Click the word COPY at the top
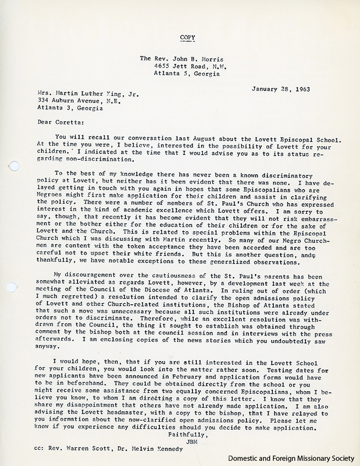click(x=187, y=37)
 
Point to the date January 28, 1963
click(x=278, y=88)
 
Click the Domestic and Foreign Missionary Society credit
click(x=291, y=458)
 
